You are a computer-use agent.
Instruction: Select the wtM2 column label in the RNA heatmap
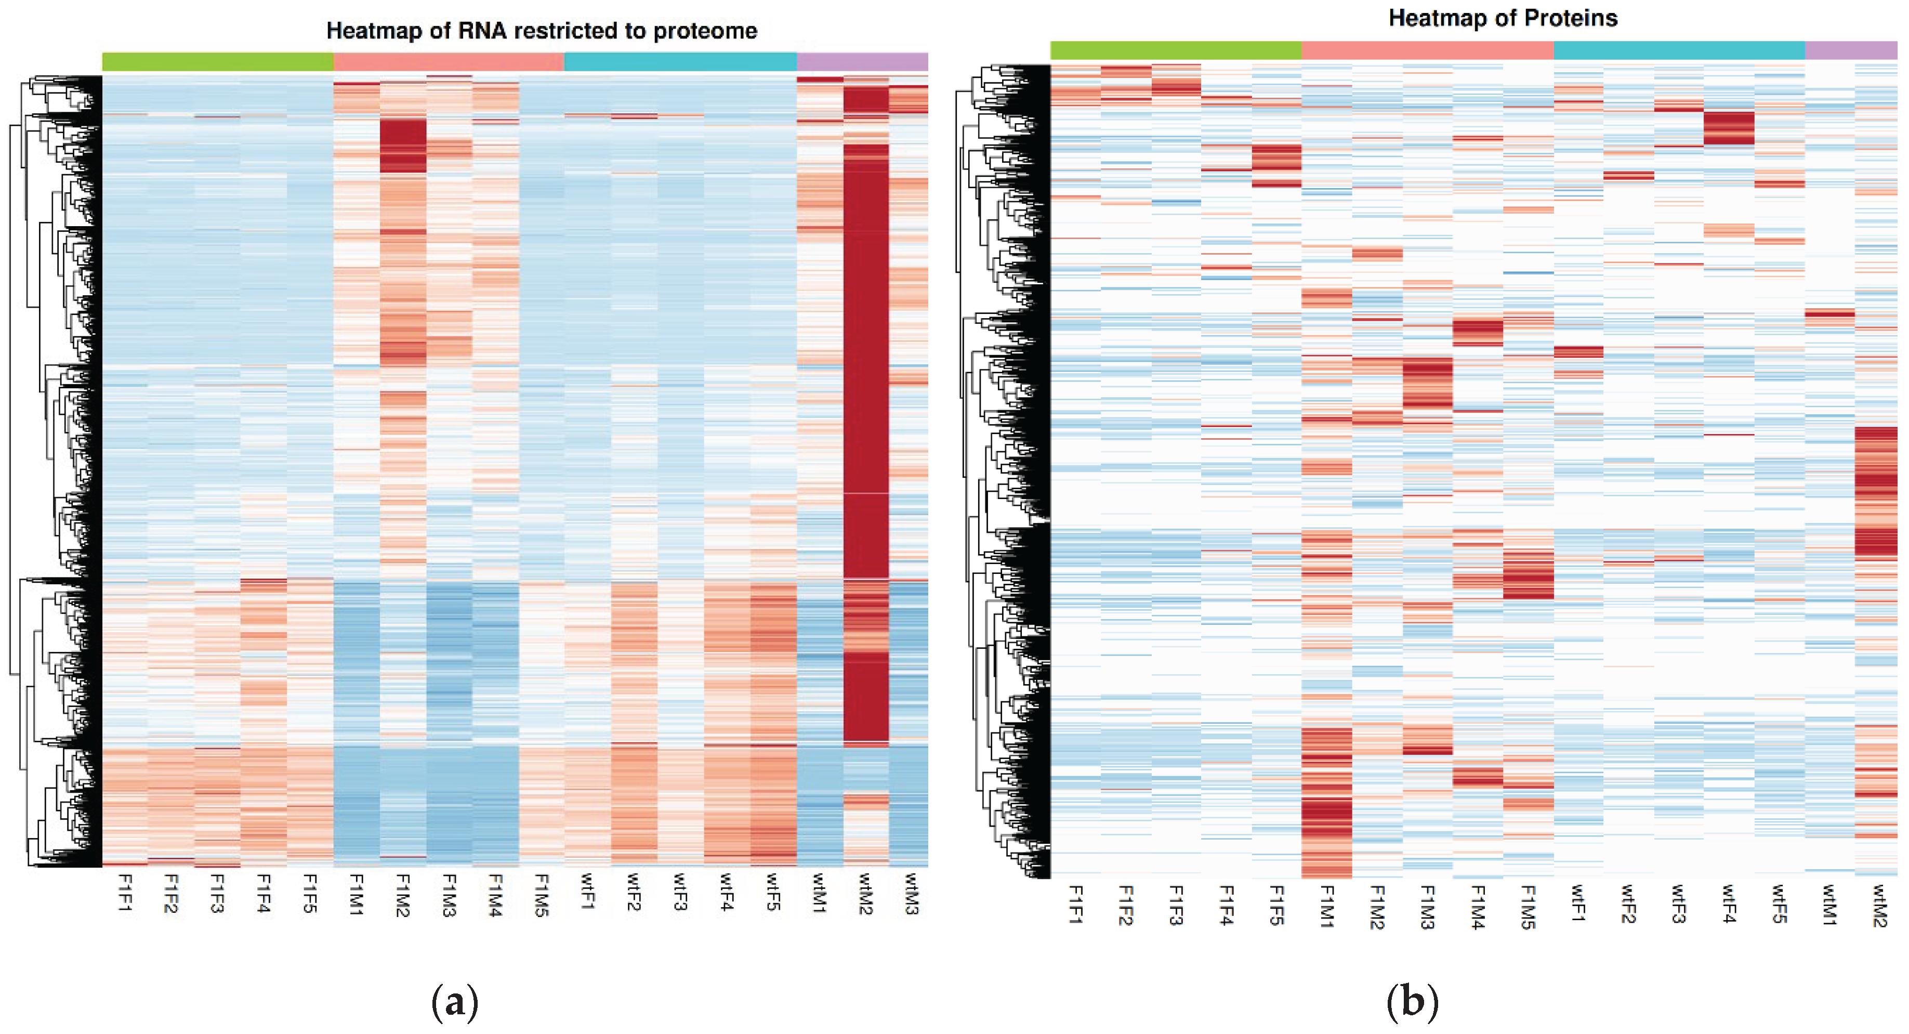click(865, 894)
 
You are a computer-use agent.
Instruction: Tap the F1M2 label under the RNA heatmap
click(402, 895)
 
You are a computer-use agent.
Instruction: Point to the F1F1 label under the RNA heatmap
click(125, 893)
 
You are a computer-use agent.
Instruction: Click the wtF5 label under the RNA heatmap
click(773, 893)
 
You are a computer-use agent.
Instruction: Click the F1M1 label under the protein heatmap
click(1326, 906)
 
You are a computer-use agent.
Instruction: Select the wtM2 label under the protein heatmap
click(1879, 906)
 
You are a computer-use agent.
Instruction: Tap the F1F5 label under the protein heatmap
click(1276, 906)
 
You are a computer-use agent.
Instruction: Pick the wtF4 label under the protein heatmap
click(1729, 904)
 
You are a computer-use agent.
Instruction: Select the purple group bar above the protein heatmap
click(1850, 50)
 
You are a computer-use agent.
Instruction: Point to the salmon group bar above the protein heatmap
click(1427, 50)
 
